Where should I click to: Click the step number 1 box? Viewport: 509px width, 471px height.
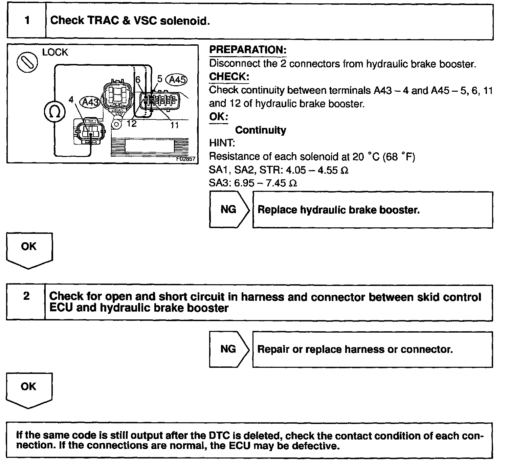26,21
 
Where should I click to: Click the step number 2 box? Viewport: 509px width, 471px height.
26,302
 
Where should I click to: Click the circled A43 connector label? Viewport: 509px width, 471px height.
90,102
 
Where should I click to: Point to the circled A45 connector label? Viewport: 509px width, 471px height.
177,80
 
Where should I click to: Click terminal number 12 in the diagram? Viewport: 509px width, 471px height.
131,124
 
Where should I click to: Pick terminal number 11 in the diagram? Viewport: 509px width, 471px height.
174,125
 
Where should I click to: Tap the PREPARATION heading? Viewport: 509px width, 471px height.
248,50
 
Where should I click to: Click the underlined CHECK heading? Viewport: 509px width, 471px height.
229,77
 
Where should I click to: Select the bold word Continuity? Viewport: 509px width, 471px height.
261,130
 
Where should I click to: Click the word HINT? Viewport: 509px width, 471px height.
222,143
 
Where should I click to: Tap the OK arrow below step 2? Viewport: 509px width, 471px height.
29,389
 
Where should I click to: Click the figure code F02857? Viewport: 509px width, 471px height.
186,159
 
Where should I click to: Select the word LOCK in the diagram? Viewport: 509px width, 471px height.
55,52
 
